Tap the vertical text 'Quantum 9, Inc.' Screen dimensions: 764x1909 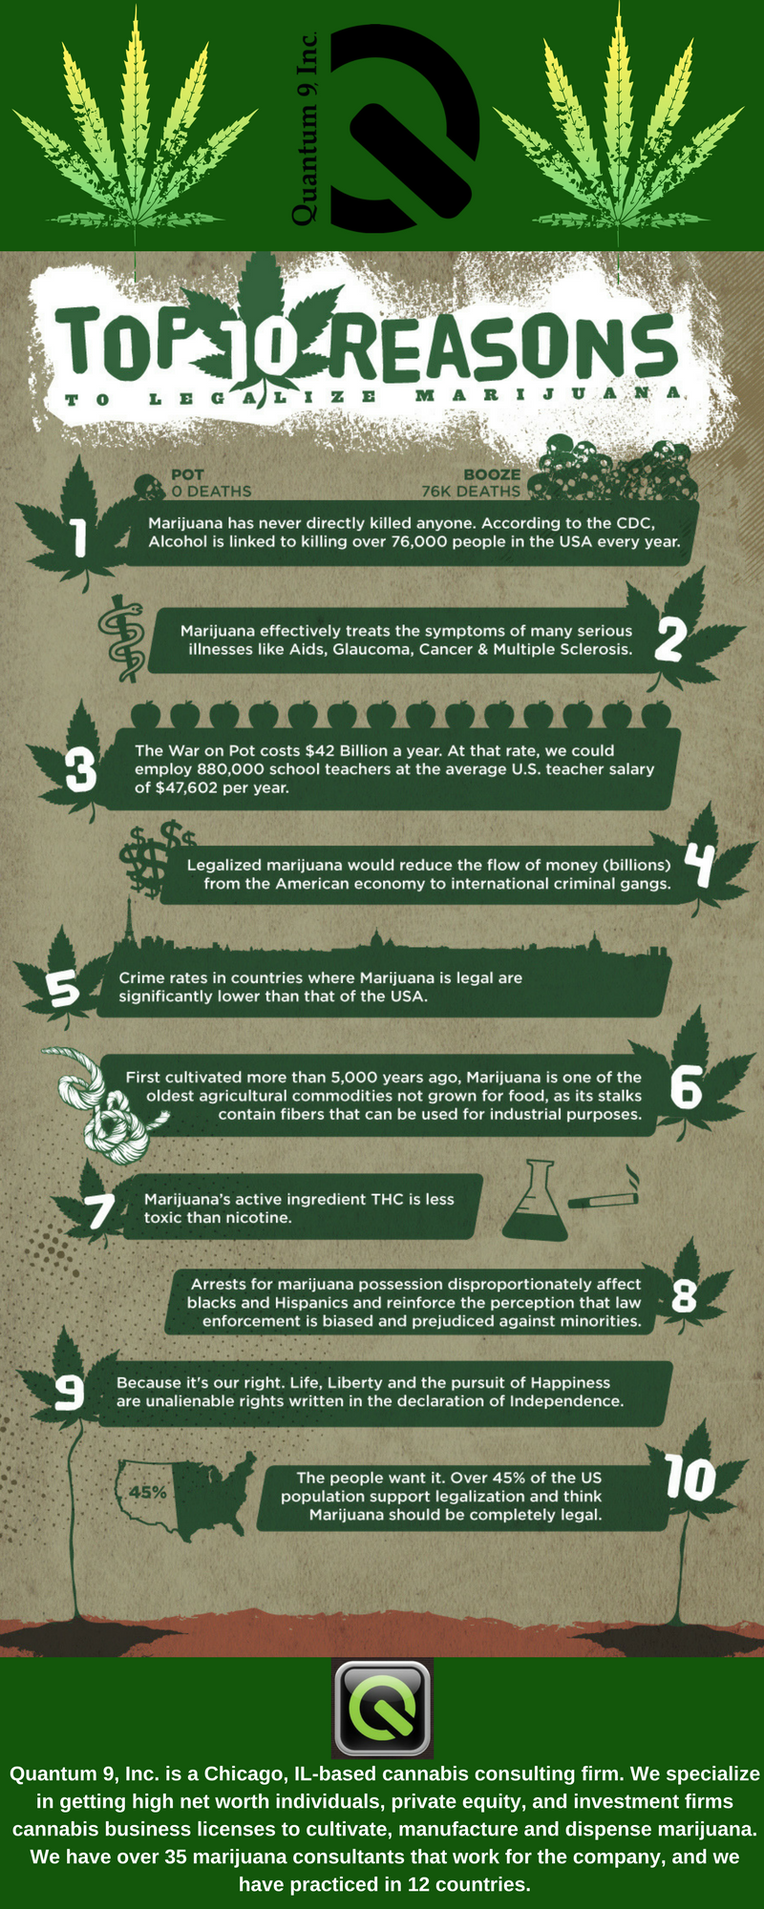point(305,129)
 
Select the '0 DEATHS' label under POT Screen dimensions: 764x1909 point(211,492)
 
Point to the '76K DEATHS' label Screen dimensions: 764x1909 point(472,492)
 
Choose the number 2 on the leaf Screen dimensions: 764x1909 point(669,640)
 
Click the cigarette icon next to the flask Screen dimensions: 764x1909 point(604,1193)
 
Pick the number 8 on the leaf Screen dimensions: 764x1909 point(685,1296)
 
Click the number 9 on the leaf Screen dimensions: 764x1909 point(69,1393)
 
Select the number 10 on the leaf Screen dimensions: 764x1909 point(690,1479)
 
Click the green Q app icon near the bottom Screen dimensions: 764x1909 point(382,1709)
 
